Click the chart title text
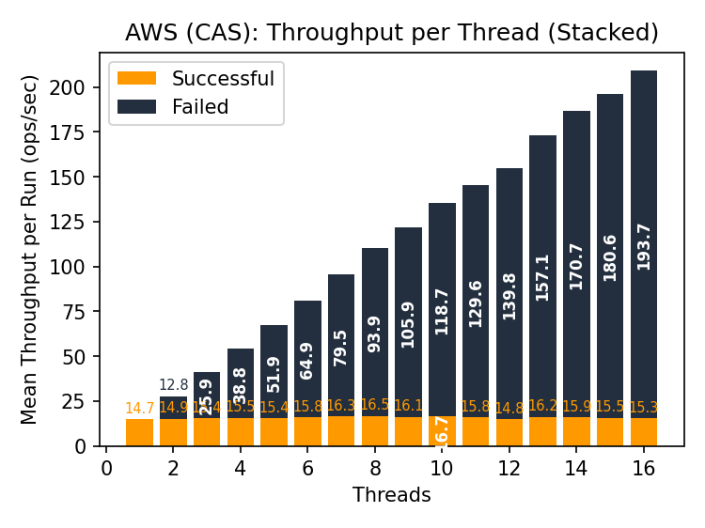(392, 33)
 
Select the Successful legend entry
(196, 79)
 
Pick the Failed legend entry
(173, 107)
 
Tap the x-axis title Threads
(391, 495)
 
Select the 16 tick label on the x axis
(643, 468)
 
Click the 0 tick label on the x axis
(106, 468)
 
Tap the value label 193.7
(644, 247)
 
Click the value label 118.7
(443, 311)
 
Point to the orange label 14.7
(139, 408)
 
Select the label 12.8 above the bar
(173, 384)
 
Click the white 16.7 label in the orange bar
(443, 430)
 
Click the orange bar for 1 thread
(139, 432)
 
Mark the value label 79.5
(341, 347)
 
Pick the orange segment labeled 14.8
(509, 432)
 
